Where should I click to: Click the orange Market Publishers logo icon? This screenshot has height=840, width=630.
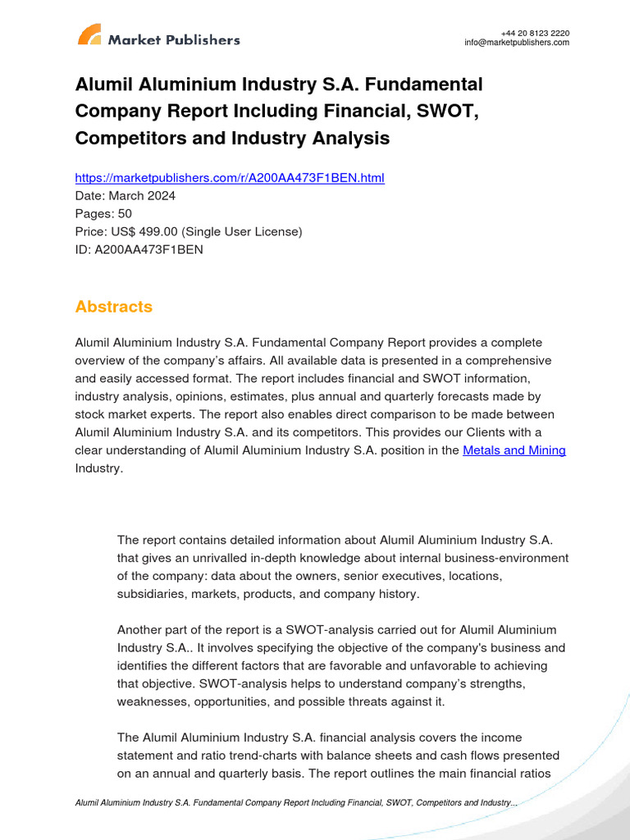pos(89,35)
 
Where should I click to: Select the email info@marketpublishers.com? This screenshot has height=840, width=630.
pos(516,43)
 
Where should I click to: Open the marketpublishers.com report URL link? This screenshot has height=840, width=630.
pos(230,177)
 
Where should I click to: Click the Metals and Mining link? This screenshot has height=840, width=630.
pos(514,450)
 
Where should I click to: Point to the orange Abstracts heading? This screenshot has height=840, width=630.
pos(114,307)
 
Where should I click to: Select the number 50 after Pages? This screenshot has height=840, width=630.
pos(124,214)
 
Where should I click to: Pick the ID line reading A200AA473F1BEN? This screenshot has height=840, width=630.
pos(139,250)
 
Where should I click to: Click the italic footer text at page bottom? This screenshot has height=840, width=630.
pos(295,803)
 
